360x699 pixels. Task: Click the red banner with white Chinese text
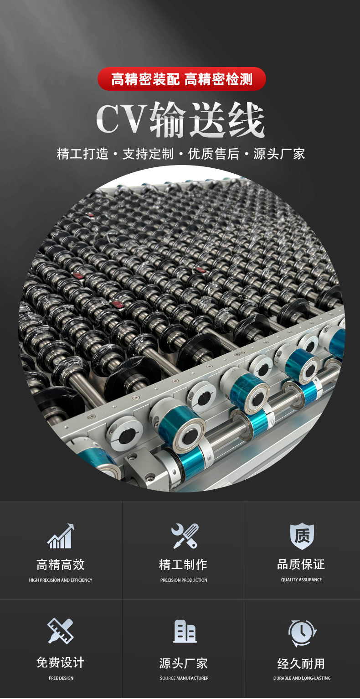181,79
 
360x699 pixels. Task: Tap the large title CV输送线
180,120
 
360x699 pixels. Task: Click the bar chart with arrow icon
61,536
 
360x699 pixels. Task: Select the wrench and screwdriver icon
185,536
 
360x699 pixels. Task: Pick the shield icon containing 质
302,536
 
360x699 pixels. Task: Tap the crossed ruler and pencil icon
61,631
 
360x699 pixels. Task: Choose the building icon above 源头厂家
185,631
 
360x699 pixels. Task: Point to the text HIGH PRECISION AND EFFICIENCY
61,580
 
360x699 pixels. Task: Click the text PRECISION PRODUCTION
184,580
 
